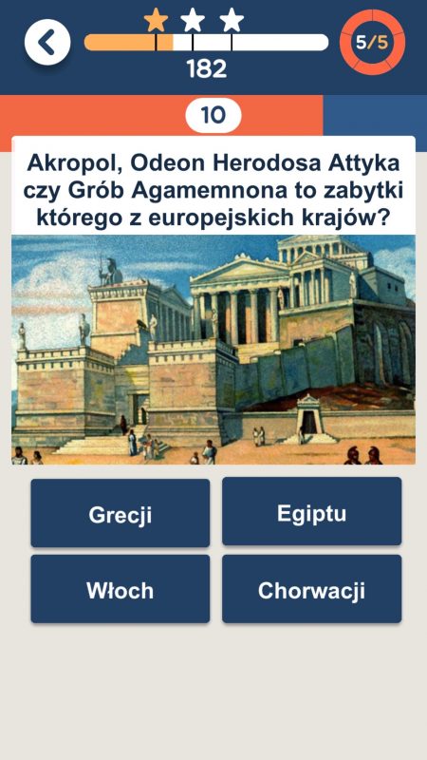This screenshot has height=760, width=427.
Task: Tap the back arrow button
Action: tap(47, 42)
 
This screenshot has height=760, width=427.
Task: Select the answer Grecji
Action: tap(121, 513)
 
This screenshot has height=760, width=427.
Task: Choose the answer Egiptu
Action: tap(312, 512)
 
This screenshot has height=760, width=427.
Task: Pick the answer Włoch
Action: tap(121, 589)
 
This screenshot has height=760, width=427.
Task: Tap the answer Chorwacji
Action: tap(312, 589)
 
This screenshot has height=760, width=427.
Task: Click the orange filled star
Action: tap(156, 21)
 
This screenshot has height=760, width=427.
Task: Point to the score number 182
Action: tap(207, 68)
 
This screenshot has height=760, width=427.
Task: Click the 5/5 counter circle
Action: tap(372, 42)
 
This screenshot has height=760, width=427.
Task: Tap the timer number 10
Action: tap(213, 115)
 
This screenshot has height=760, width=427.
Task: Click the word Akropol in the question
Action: tap(75, 163)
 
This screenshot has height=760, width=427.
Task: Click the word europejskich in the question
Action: tap(231, 218)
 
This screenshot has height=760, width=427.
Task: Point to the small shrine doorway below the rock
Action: tap(309, 421)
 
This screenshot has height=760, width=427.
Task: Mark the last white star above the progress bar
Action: tap(232, 21)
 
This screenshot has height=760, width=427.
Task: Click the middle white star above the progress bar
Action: tap(193, 21)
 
